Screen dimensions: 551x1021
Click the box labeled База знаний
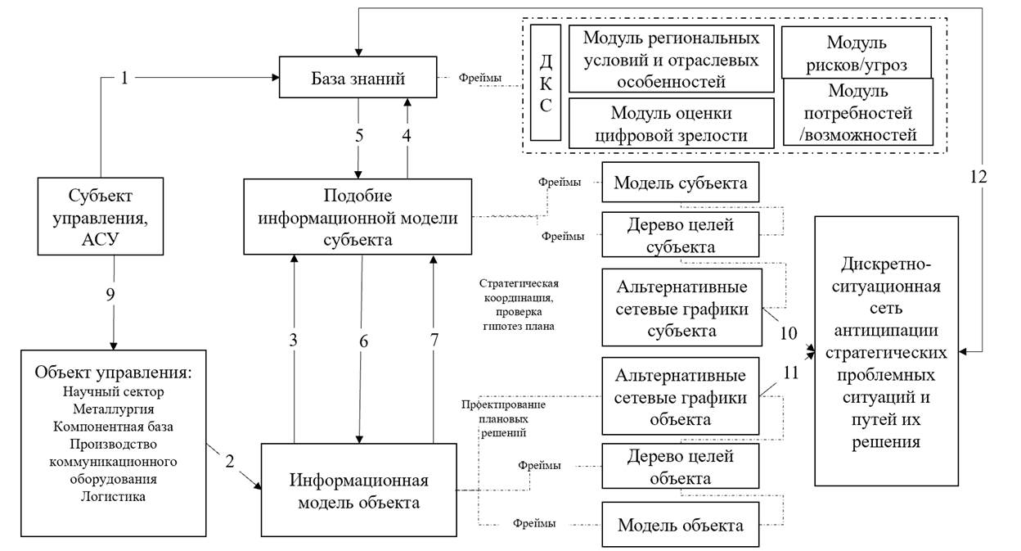[x=358, y=79]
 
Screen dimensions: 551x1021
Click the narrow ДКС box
[x=545, y=83]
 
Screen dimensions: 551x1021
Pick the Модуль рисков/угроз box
[x=856, y=52]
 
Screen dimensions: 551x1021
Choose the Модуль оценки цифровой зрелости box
[x=670, y=123]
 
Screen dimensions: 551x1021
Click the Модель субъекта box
[x=680, y=183]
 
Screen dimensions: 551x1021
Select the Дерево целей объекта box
[x=680, y=467]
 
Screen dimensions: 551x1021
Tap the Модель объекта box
[x=680, y=525]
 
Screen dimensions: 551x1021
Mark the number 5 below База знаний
[x=358, y=136]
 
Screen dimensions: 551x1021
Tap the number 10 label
[x=788, y=332]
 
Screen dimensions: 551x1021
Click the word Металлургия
[x=113, y=408]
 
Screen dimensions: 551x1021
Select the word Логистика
[x=113, y=495]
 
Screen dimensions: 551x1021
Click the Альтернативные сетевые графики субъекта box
[x=680, y=307]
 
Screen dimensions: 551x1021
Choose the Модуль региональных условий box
[x=670, y=60]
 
